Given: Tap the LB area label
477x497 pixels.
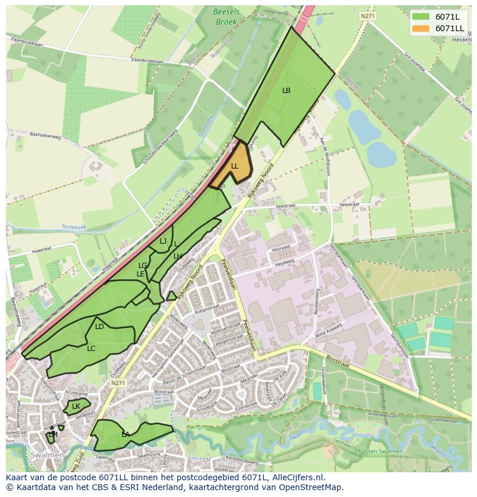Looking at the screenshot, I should [x=286, y=91].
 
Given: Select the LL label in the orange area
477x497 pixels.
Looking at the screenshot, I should [x=234, y=166].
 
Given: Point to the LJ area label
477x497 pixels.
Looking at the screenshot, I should [x=163, y=241].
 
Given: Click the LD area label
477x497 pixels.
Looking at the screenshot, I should [x=99, y=327].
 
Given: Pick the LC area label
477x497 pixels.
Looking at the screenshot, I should [x=91, y=348].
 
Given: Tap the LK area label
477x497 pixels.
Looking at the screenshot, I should [x=76, y=406].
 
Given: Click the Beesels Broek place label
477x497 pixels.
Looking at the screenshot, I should [x=226, y=17].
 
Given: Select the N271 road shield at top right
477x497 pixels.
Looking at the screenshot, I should [x=368, y=16].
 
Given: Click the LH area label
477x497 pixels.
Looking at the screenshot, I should [x=177, y=256].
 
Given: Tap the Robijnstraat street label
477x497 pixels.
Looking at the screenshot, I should [x=203, y=309].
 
